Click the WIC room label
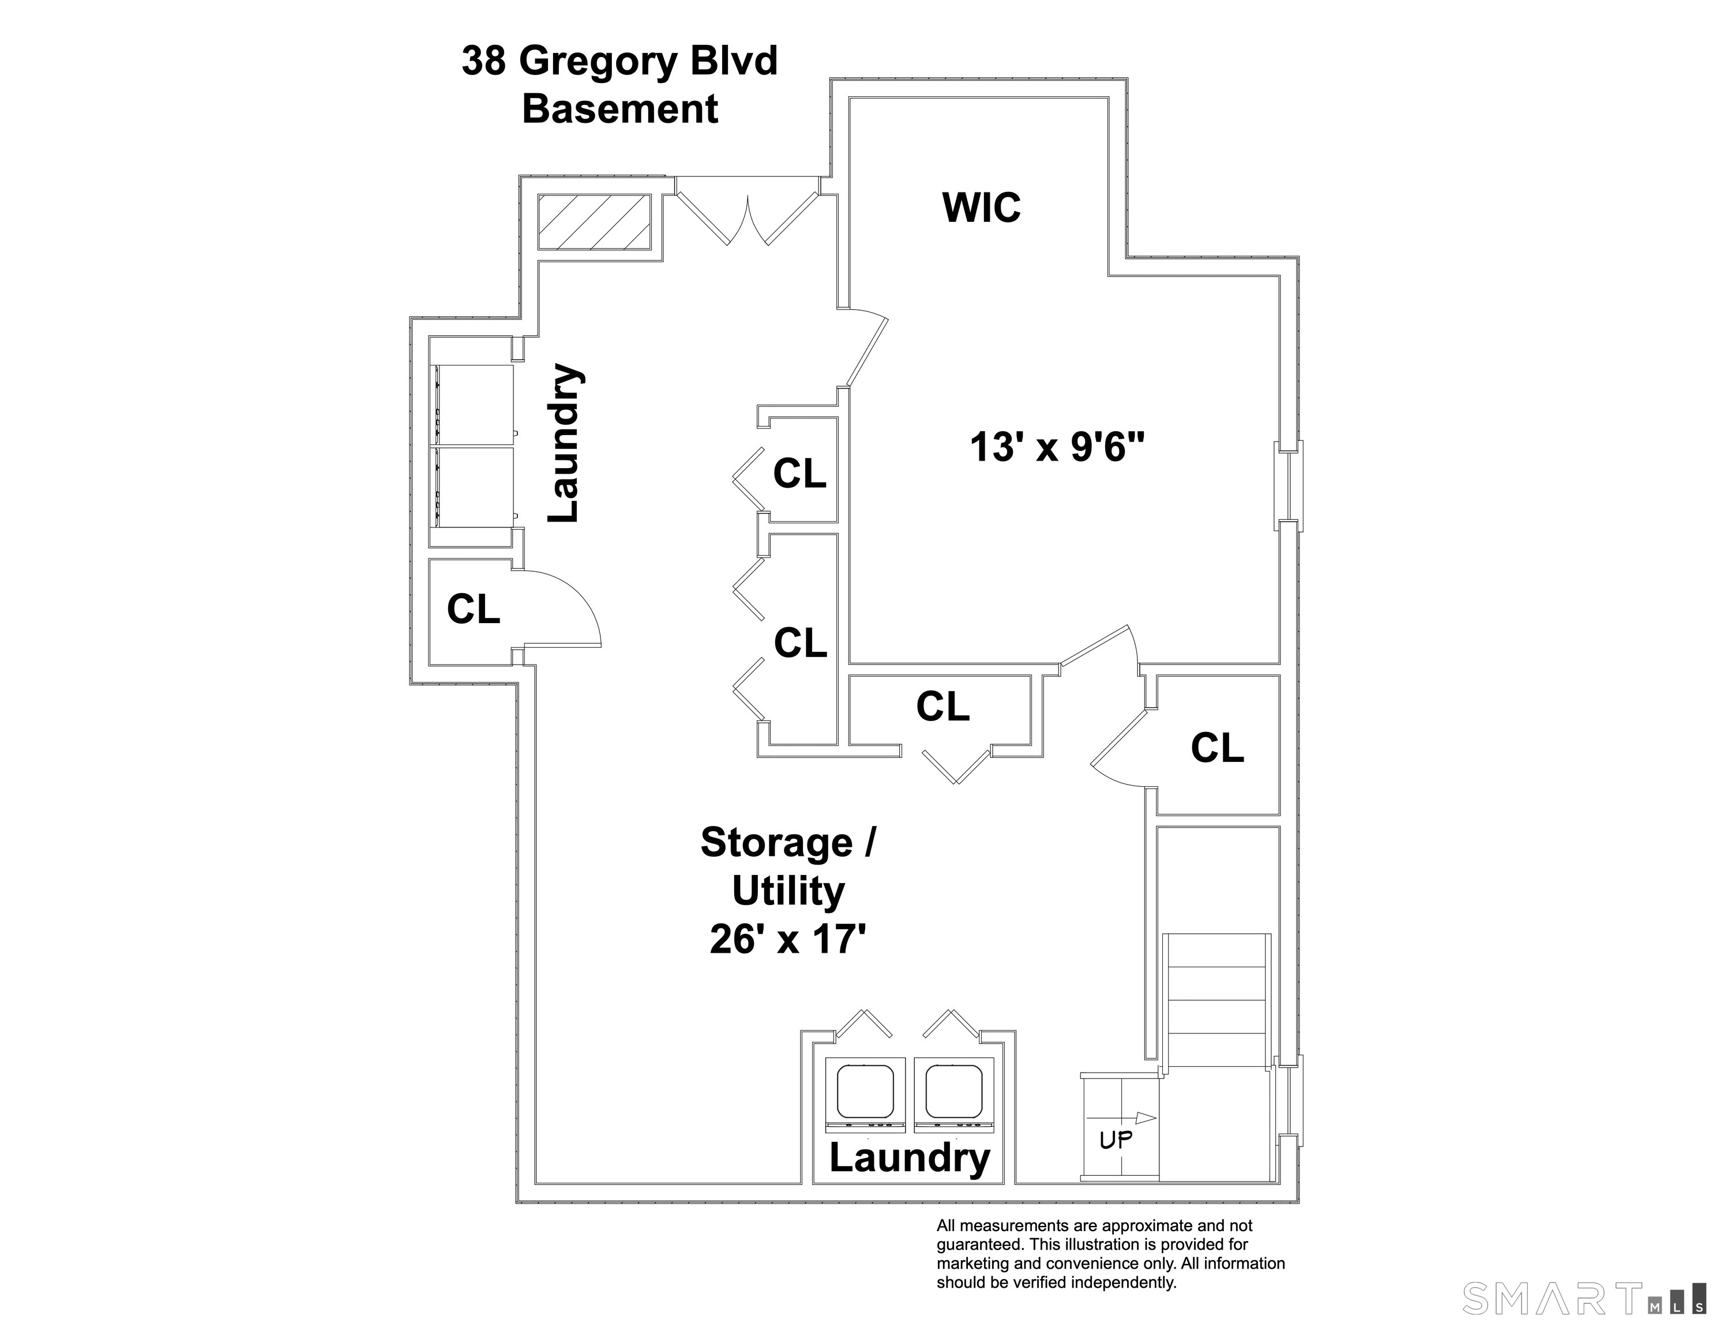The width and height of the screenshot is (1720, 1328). tap(981, 208)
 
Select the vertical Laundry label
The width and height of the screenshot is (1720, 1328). tap(565, 443)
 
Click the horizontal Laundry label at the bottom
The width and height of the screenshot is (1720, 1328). tap(909, 1158)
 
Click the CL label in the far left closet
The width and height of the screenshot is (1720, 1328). tap(474, 609)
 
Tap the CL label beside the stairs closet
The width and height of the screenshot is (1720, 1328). tap(1217, 748)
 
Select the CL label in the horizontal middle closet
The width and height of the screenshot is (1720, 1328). tap(942, 707)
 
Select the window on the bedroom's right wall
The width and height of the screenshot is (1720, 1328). tap(1289, 486)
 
